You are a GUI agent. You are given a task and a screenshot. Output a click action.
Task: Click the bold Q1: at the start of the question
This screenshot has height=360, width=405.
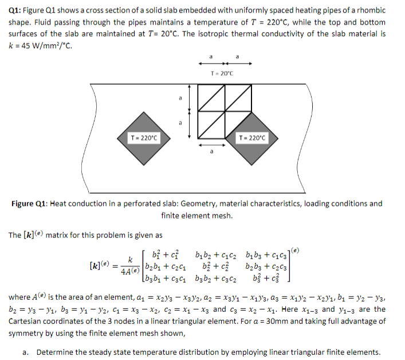pos(16,10)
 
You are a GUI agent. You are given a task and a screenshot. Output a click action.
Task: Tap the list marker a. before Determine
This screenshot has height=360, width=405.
pos(26,351)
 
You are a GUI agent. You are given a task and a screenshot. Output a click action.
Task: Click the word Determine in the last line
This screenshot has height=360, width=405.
pos(54,351)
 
